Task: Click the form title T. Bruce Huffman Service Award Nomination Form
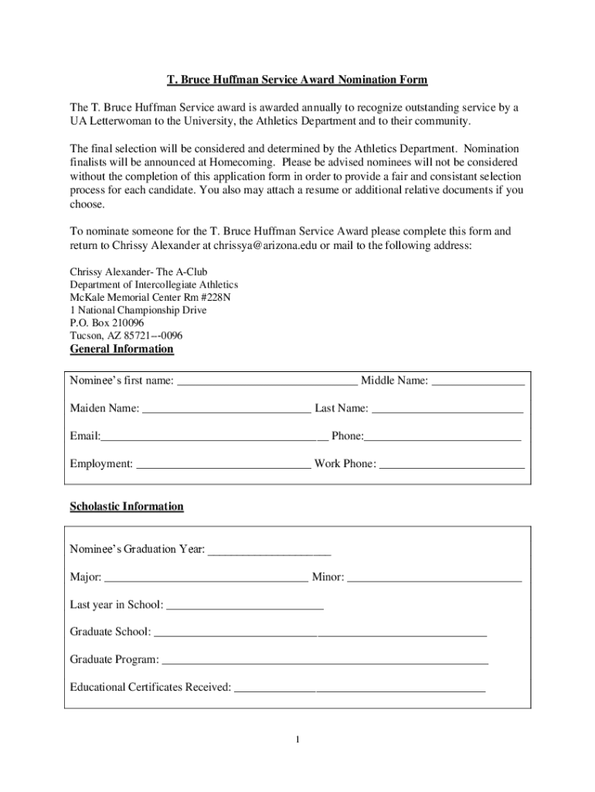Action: pyautogui.click(x=297, y=80)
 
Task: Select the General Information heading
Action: pyautogui.click(x=121, y=349)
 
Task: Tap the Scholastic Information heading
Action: pyautogui.click(x=127, y=507)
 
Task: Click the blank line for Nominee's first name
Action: pyautogui.click(x=267, y=381)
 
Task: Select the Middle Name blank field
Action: pyautogui.click(x=478, y=381)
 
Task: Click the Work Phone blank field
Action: pyautogui.click(x=452, y=465)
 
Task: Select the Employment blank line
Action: pyautogui.click(x=223, y=465)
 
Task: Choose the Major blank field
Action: pyautogui.click(x=206, y=578)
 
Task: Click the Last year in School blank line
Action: pyautogui.click(x=245, y=606)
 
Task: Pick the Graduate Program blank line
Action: pyautogui.click(x=325, y=661)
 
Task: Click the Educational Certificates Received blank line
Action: pyautogui.click(x=359, y=688)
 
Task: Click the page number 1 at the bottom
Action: pyautogui.click(x=297, y=740)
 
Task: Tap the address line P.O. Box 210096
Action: pyautogui.click(x=107, y=323)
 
